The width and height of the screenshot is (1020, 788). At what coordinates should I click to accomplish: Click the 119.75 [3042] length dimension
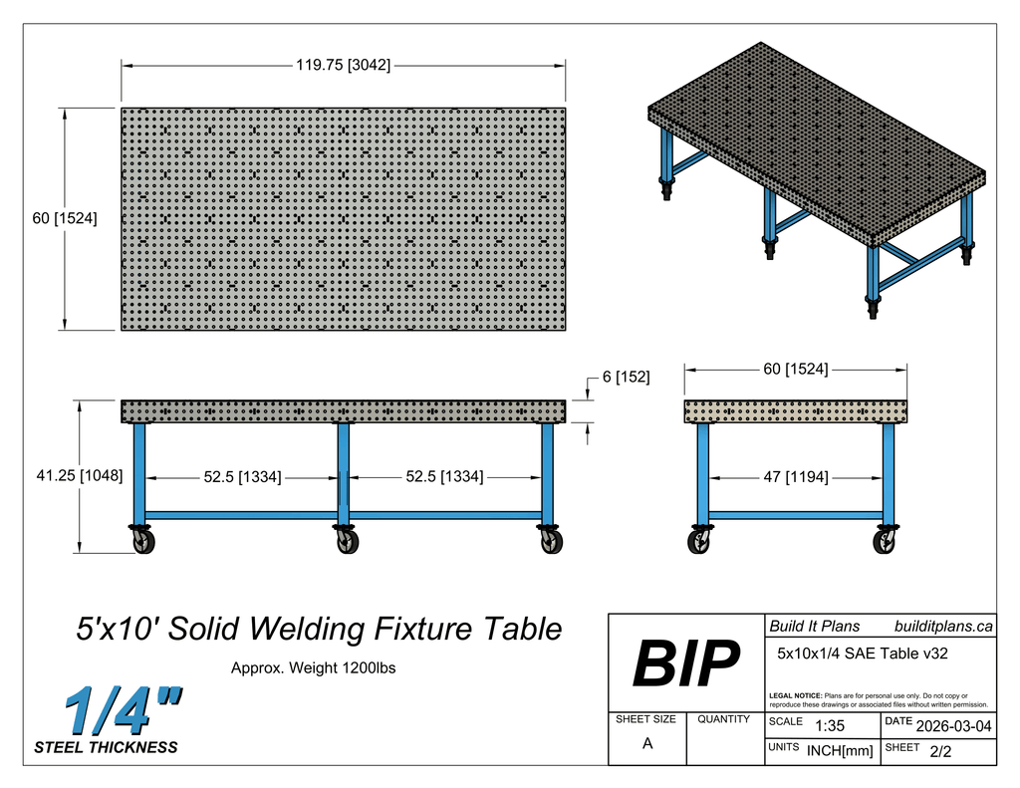tap(343, 66)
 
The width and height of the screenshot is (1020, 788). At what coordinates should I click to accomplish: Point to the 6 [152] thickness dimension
tap(626, 378)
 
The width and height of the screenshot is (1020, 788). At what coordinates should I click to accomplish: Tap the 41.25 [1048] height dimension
tap(80, 476)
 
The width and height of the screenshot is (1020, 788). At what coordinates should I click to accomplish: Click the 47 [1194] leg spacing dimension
tap(795, 477)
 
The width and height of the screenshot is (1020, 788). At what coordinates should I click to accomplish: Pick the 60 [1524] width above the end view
tap(795, 370)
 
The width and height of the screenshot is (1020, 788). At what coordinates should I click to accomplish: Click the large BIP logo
tap(686, 663)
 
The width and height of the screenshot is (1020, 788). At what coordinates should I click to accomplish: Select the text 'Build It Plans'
tap(814, 627)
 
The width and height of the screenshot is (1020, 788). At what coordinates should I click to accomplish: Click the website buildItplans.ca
tap(943, 627)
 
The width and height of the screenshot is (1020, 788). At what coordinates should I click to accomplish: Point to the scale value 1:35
tap(830, 726)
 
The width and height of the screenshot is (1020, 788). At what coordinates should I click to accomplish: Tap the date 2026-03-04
tap(953, 725)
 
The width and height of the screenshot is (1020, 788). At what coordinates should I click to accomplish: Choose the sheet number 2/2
tap(940, 752)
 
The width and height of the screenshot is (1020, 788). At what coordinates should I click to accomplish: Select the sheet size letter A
tap(647, 743)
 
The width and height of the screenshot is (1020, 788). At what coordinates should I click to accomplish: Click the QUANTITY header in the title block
tap(723, 719)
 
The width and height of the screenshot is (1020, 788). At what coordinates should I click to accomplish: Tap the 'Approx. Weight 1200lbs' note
tap(313, 668)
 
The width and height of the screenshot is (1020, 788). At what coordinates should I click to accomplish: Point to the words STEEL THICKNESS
tap(106, 747)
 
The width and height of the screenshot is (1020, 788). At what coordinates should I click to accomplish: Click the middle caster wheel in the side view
tap(348, 542)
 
